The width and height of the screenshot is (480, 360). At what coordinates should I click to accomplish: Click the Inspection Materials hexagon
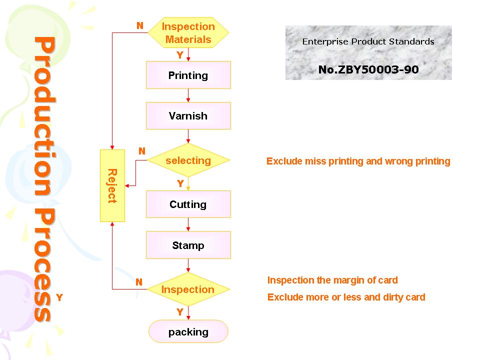[188, 32]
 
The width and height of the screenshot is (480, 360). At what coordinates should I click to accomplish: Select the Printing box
[188, 75]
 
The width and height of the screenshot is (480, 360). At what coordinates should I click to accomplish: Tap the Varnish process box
[188, 115]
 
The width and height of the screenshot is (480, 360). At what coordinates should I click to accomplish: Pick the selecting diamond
[188, 160]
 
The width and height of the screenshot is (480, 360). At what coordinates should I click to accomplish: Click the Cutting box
[188, 204]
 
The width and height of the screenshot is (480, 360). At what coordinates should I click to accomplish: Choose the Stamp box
[188, 245]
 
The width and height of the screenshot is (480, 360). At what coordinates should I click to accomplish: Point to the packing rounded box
[188, 331]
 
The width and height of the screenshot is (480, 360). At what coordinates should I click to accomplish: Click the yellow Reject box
[112, 185]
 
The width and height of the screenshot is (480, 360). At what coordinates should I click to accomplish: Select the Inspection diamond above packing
[188, 289]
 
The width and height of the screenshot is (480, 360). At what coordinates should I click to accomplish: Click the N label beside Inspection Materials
[140, 25]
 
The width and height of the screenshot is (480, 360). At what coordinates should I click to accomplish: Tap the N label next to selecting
[141, 151]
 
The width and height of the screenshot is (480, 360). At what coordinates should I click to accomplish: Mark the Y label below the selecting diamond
[180, 183]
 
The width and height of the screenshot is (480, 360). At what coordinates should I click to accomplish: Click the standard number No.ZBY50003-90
[368, 69]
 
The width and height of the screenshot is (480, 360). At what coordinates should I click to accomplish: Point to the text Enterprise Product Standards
[368, 41]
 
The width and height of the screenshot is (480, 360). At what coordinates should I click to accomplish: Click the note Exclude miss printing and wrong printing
[358, 161]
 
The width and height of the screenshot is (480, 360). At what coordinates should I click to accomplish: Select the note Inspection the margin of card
[332, 280]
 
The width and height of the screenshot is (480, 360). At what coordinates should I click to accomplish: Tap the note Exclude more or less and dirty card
[346, 297]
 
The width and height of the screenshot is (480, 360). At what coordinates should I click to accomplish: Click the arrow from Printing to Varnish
[188, 95]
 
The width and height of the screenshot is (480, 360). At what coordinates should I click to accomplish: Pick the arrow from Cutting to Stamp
[188, 224]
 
